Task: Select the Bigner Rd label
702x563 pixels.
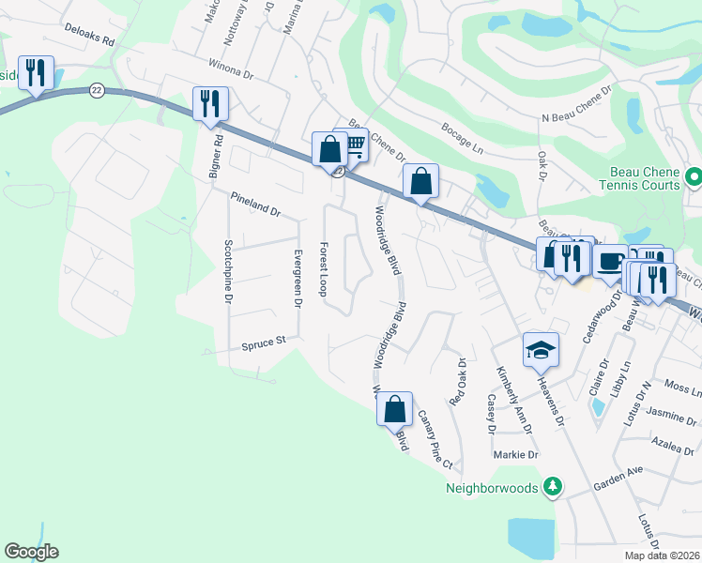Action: (217, 155)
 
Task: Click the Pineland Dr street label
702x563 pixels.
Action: (255, 205)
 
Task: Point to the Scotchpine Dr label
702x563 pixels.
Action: (227, 270)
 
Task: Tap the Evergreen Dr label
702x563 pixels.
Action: (297, 279)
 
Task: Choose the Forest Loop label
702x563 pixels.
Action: (322, 269)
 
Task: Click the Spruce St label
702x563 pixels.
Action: (263, 342)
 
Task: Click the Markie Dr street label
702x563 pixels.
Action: (516, 455)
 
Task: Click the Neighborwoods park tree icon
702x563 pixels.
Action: (555, 486)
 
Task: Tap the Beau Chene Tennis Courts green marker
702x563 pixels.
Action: (694, 175)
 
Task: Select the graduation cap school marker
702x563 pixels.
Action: (542, 349)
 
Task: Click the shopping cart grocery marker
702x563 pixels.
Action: (353, 145)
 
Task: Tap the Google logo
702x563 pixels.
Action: (31, 552)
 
